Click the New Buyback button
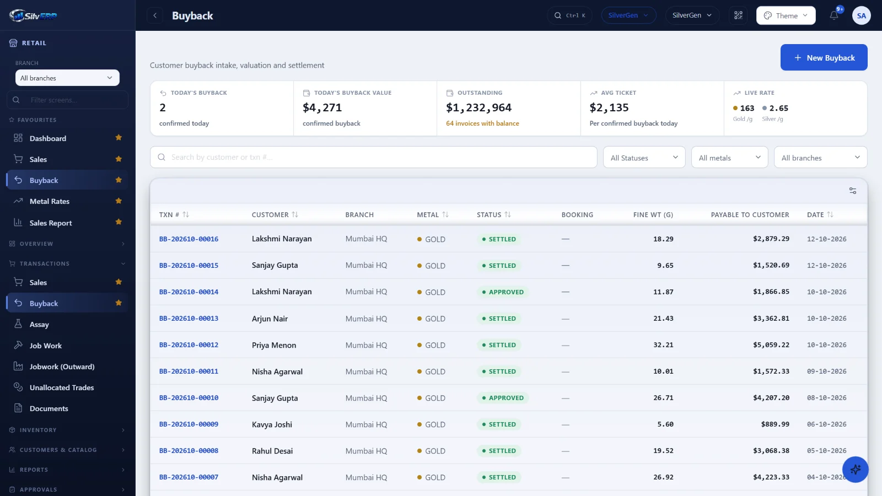point(824,57)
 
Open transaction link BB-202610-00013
point(189,318)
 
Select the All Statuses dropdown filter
point(644,158)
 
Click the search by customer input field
point(373,157)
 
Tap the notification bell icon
point(834,15)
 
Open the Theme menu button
point(786,15)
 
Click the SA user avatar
point(861,15)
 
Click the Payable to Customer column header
point(750,214)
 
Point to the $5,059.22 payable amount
point(771,345)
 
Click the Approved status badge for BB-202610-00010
point(502,397)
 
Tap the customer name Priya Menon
point(274,345)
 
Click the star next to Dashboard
point(119,137)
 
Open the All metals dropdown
point(730,158)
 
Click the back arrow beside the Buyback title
point(155,15)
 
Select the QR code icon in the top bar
point(738,15)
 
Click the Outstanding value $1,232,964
point(479,107)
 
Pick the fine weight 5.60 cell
point(665,424)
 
